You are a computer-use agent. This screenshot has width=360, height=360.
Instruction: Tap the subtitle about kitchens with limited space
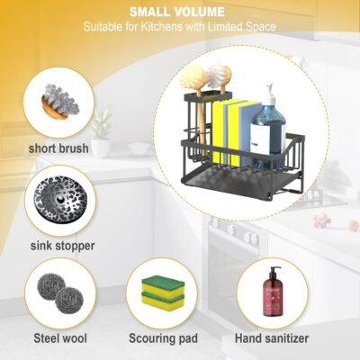coord(179,27)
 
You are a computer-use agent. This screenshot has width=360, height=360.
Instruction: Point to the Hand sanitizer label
coord(273,338)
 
